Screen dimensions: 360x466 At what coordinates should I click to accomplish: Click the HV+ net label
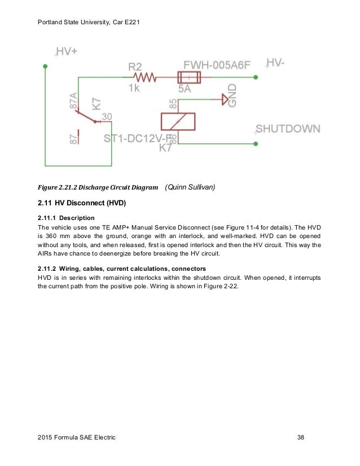[x=67, y=52]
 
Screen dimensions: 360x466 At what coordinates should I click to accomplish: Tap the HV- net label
[x=275, y=64]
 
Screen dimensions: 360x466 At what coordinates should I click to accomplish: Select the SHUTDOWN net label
[x=288, y=129]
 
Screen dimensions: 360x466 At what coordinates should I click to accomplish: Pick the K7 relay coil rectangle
[x=178, y=121]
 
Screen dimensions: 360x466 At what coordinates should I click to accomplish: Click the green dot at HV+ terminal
[x=46, y=66]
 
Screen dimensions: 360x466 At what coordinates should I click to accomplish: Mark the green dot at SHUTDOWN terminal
[x=256, y=144]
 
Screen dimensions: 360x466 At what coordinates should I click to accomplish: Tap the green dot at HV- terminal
[x=256, y=77]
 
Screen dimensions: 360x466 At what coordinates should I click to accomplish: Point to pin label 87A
[x=73, y=102]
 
